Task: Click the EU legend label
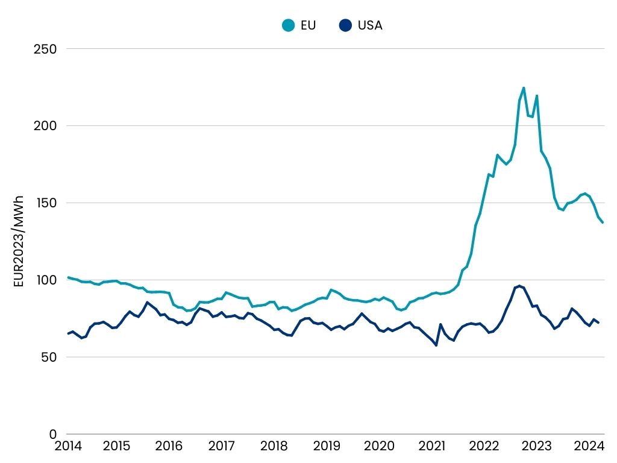(x=307, y=25)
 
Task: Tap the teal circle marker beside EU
(x=289, y=25)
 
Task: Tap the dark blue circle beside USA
(x=345, y=25)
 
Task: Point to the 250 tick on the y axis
(x=44, y=49)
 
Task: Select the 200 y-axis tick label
(x=44, y=126)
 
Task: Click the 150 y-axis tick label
(x=45, y=203)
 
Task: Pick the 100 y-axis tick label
(x=45, y=280)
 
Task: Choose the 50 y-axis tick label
(x=47, y=357)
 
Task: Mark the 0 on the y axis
(x=53, y=434)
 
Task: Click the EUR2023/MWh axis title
(x=19, y=241)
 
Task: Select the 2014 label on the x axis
(x=67, y=447)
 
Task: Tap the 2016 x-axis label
(x=169, y=447)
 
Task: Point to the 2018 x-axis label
(x=274, y=447)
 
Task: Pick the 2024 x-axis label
(x=589, y=447)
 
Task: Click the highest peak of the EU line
(x=524, y=88)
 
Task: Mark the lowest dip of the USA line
(x=436, y=345)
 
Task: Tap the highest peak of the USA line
(x=519, y=286)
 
